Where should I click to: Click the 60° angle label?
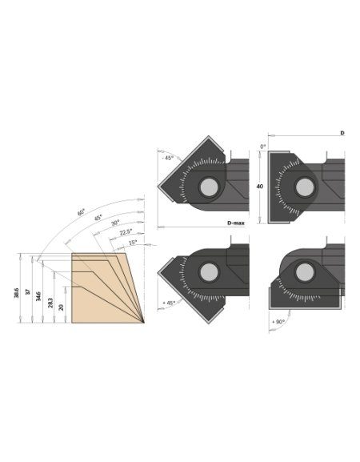81,213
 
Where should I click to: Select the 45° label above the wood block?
98,218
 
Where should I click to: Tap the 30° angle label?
114,222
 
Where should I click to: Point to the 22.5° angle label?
124,231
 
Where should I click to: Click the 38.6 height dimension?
17,292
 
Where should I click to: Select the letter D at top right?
342,131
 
